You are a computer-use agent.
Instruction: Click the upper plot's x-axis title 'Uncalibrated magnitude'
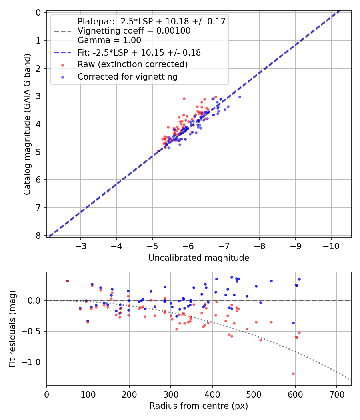199,258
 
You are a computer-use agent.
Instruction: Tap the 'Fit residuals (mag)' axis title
12,328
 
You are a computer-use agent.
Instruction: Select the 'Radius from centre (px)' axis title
199,406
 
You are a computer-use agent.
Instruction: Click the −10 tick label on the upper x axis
331,246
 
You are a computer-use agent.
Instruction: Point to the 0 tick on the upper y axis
38,12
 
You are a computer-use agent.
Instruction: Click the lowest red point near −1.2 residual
293,374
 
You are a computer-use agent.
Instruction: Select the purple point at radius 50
67,281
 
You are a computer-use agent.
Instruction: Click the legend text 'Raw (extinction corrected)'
132,64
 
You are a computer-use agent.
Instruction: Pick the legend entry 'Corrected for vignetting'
128,76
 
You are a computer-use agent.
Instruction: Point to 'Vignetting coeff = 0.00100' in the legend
134,31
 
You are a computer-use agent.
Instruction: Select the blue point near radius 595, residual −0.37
293,323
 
